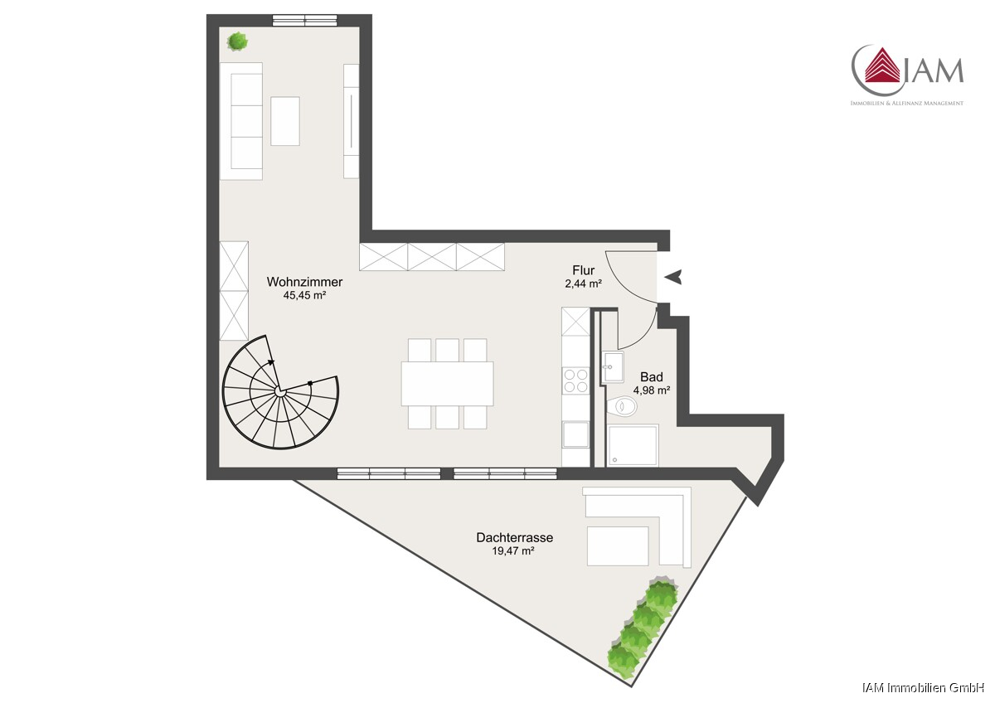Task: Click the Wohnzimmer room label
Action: [304, 282]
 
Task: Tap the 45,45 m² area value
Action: [305, 295]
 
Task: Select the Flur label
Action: [583, 270]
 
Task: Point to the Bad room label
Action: [651, 377]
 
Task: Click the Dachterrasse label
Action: [514, 538]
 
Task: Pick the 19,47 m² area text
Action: [512, 551]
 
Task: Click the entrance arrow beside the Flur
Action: [673, 277]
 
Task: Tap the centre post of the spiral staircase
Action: [280, 391]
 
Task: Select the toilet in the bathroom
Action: [622, 406]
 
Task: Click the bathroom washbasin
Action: [613, 366]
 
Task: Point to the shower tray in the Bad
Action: [633, 445]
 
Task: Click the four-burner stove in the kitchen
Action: [575, 381]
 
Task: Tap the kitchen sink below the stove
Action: [575, 434]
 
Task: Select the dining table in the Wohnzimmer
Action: [447, 384]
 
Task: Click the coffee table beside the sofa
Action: [285, 121]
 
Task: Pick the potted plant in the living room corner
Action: [238, 41]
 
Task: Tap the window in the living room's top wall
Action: [305, 21]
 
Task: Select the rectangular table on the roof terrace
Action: [618, 546]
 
